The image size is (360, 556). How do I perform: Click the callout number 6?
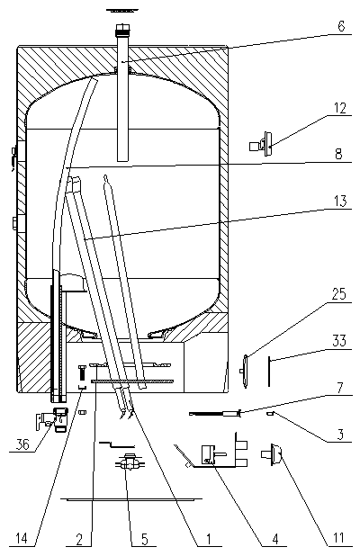[x=341, y=26]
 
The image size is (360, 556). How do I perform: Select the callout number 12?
[x=339, y=108]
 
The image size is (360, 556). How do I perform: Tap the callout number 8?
[x=338, y=154]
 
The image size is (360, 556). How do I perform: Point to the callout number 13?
[x=340, y=201]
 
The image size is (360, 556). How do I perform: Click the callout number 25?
[x=338, y=294]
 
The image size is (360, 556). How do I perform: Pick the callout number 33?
[x=339, y=340]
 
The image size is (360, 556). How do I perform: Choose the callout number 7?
[x=340, y=388]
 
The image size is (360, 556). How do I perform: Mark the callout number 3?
[x=340, y=434]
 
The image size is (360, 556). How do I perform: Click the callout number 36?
[x=22, y=444]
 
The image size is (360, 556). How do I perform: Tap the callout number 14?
[x=22, y=539]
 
